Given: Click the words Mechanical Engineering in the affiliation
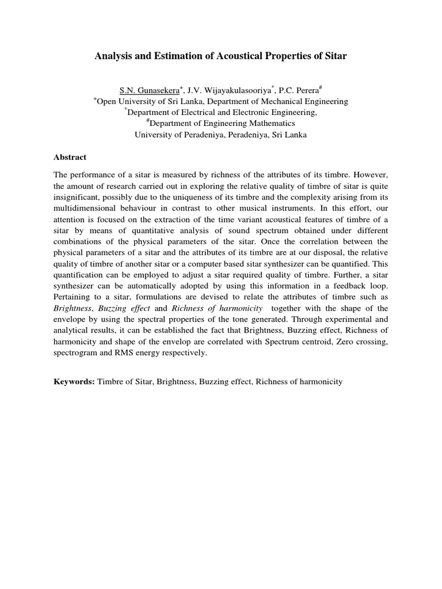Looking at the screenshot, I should (302, 101).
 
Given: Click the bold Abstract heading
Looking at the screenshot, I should (70, 156).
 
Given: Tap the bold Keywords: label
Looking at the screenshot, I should (74, 381).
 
